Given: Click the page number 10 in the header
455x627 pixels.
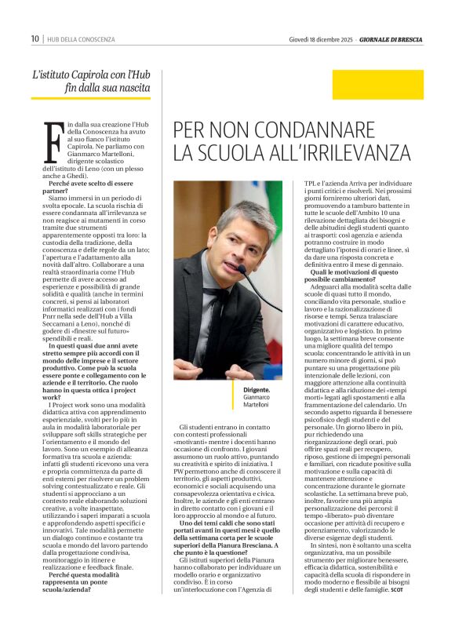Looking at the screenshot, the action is tap(35, 38).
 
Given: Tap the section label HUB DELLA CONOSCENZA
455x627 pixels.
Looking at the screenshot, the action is tap(81, 38).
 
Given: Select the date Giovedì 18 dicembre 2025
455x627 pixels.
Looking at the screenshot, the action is tap(321, 38).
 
